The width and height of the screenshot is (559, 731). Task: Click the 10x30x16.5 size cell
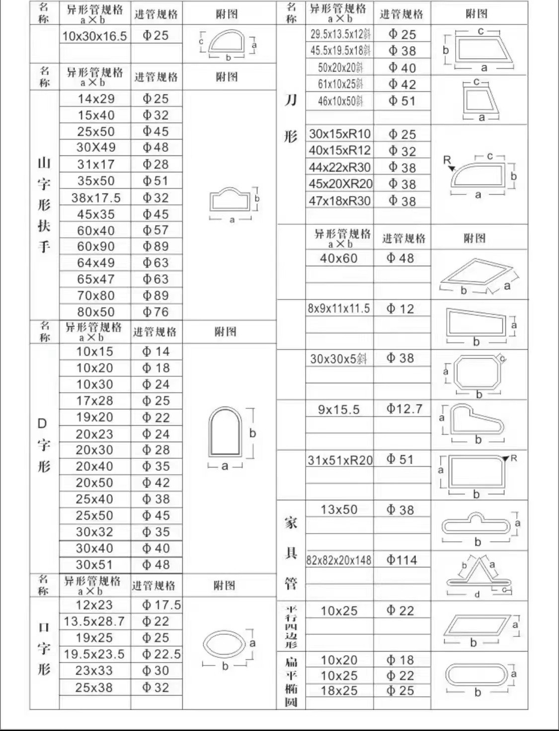pyautogui.click(x=94, y=36)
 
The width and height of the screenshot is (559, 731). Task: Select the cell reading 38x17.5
pyautogui.click(x=96, y=198)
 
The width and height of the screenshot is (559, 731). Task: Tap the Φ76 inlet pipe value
pyautogui.click(x=156, y=312)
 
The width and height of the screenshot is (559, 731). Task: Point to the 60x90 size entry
pyautogui.click(x=96, y=246)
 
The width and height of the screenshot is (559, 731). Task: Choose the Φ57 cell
pyautogui.click(x=156, y=230)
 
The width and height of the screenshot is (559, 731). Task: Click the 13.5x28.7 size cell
pyautogui.click(x=94, y=622)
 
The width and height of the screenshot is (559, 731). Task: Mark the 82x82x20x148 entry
pyautogui.click(x=339, y=561)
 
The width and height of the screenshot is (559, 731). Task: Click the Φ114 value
pyautogui.click(x=402, y=561)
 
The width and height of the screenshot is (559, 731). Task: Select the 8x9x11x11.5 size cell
pyautogui.click(x=339, y=309)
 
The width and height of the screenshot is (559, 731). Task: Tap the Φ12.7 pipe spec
pyautogui.click(x=404, y=409)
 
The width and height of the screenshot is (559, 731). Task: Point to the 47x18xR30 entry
pyautogui.click(x=340, y=201)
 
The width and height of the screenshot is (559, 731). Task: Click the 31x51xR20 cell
pyautogui.click(x=340, y=460)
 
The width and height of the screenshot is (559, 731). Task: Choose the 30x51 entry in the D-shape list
pyautogui.click(x=94, y=565)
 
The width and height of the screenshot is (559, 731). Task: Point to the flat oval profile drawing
pyautogui.click(x=478, y=674)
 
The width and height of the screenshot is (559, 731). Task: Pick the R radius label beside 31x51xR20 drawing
pyautogui.click(x=514, y=458)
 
